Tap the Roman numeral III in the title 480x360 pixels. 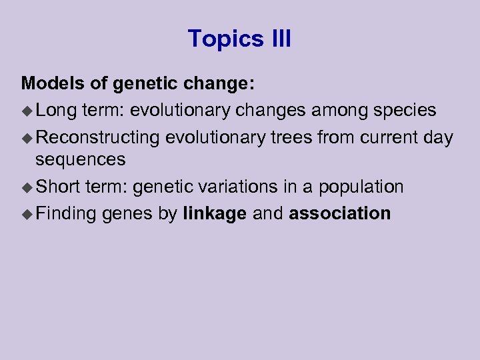[279, 39]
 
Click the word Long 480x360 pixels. [57, 109]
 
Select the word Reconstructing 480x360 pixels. [97, 138]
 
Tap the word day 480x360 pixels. [437, 138]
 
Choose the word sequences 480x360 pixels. [80, 160]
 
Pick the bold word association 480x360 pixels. [340, 213]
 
